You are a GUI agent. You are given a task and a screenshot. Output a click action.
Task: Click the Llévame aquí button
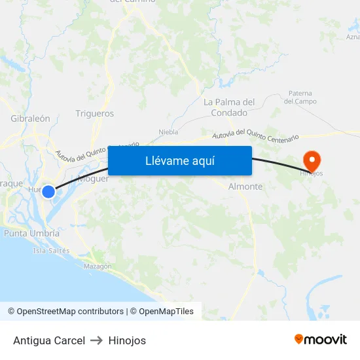point(179,160)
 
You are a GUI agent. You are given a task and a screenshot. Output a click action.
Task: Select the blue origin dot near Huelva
point(48,191)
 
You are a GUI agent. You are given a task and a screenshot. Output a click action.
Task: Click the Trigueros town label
point(94,113)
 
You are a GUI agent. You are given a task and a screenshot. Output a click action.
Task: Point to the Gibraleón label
point(30,118)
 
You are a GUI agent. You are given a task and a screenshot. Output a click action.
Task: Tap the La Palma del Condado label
point(229,107)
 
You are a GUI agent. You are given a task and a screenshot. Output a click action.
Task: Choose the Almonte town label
point(245,187)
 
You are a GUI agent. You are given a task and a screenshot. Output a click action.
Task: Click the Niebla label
point(168,132)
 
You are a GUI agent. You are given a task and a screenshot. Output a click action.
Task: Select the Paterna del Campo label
point(300,98)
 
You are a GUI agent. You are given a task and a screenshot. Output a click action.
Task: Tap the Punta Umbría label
point(31,233)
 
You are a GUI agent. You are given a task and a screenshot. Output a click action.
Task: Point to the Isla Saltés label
point(51,250)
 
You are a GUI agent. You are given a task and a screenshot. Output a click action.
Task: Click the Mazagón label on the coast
point(98,266)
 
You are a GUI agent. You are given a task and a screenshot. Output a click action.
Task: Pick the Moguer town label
point(94,179)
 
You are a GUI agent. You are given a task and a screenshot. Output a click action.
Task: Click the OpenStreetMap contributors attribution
point(70,312)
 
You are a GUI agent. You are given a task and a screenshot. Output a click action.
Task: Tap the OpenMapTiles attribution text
point(166,312)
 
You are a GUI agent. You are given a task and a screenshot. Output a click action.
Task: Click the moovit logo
point(321,340)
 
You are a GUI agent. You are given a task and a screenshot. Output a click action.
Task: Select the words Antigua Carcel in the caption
point(49,340)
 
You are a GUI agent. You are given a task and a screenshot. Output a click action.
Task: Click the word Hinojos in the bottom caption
point(127,340)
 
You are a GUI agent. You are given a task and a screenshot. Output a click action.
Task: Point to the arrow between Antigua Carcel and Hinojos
point(96,340)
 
